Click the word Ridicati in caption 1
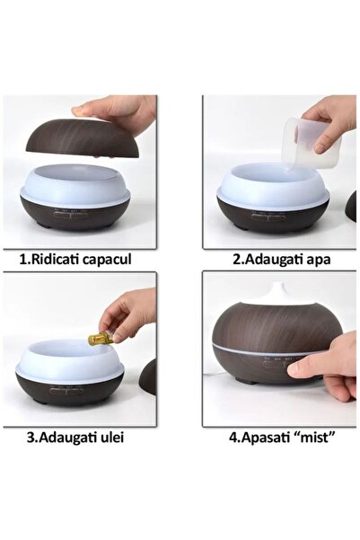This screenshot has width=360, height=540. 58,260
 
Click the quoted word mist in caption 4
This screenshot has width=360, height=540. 313,438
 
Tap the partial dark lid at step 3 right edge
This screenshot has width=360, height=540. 148,377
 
